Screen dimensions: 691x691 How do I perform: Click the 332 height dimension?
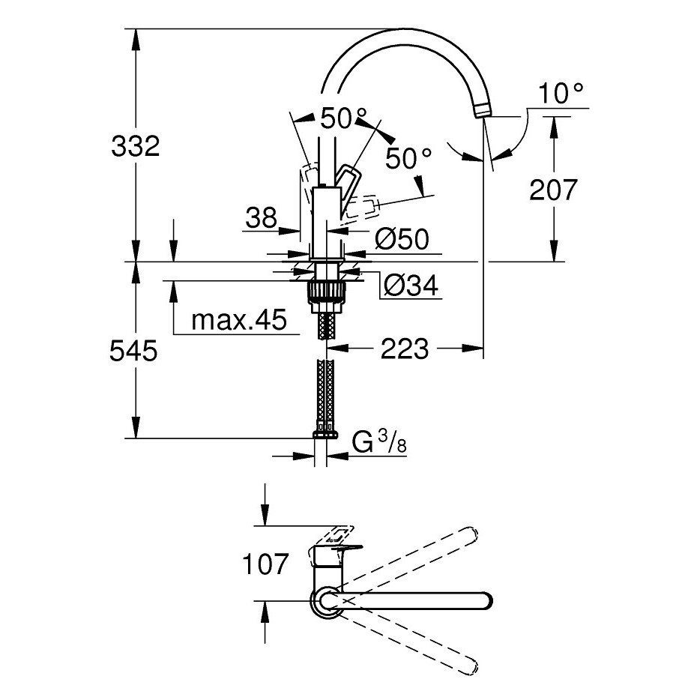tap(136, 146)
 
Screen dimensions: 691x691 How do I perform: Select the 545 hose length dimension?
tap(133, 351)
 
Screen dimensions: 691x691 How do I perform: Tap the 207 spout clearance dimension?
tap(553, 190)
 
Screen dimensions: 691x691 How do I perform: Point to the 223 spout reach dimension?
tap(405, 348)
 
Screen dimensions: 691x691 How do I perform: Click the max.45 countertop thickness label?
tap(239, 319)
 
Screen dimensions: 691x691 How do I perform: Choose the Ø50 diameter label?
tap(402, 240)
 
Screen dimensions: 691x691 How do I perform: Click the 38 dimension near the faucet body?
tap(262, 217)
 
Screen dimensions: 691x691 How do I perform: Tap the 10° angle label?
tap(561, 94)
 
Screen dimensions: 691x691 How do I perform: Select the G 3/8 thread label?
tap(379, 442)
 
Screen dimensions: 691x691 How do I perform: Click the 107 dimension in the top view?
tap(265, 564)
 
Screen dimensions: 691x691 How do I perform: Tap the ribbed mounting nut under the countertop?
tap(327, 292)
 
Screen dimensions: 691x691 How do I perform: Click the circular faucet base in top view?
tap(326, 600)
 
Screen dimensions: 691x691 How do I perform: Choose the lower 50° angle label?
tap(408, 159)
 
